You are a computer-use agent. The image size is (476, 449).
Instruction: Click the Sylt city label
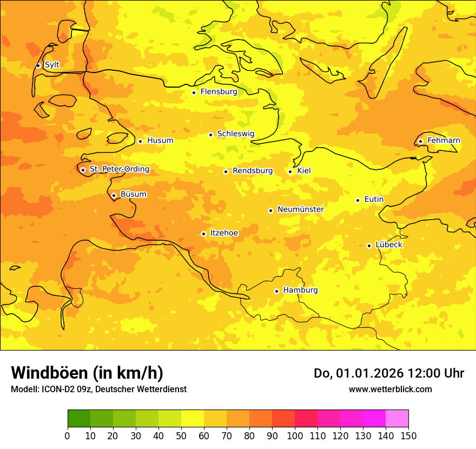coord(52,65)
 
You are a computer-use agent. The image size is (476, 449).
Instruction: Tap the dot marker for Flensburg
coord(194,93)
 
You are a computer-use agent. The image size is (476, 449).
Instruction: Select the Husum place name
coord(160,141)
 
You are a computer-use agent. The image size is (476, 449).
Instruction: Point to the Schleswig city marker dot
coord(210,135)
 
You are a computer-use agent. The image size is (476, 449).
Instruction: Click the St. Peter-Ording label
coord(120,169)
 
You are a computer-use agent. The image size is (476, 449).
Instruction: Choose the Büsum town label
coord(133,194)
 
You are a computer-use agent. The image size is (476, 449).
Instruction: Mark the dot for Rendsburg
coord(226,171)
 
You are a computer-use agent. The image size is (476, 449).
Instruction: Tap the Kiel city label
coord(304,171)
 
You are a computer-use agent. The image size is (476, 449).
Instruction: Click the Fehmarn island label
coord(444,141)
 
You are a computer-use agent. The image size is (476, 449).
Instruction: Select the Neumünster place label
coord(301,209)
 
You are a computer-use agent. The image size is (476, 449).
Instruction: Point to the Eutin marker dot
coord(358,200)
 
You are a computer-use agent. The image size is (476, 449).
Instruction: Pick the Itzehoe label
coord(224,233)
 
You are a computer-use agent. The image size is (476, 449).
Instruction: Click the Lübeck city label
coord(389,245)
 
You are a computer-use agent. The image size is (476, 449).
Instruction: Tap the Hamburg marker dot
coord(276,291)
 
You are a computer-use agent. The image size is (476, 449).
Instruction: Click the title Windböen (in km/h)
coord(87,373)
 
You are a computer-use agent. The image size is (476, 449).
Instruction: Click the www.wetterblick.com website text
coord(390,389)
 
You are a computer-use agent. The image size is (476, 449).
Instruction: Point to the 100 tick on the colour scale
coord(295,435)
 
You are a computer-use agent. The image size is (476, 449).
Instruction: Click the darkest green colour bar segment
coord(78,419)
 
